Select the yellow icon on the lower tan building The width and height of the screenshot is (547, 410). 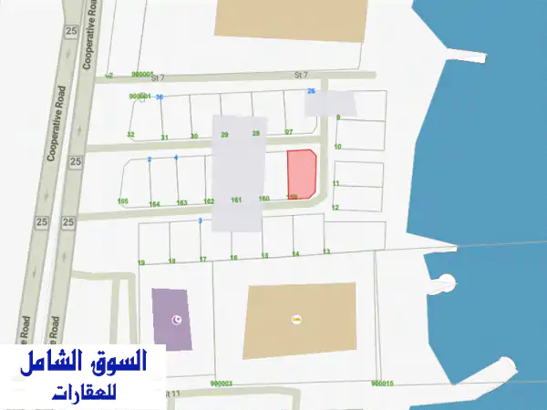click(295, 319)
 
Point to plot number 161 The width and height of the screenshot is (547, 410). click(236, 200)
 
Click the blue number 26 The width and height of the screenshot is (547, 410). click(311, 91)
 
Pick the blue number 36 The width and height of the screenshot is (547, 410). click(160, 97)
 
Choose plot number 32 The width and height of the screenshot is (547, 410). click(131, 135)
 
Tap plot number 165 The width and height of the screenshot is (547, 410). click(123, 200)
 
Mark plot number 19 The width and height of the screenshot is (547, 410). click(141, 262)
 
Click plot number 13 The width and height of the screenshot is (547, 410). click(326, 251)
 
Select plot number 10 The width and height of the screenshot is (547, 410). click(337, 146)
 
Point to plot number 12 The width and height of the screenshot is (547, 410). click(335, 208)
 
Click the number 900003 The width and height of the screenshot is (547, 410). click(221, 384)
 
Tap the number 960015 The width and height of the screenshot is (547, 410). click(383, 384)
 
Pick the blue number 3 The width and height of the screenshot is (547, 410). click(199, 220)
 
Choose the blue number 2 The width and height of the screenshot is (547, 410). click(149, 159)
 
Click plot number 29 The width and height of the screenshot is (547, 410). click(224, 135)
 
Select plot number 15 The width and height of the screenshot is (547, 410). click(264, 256)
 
